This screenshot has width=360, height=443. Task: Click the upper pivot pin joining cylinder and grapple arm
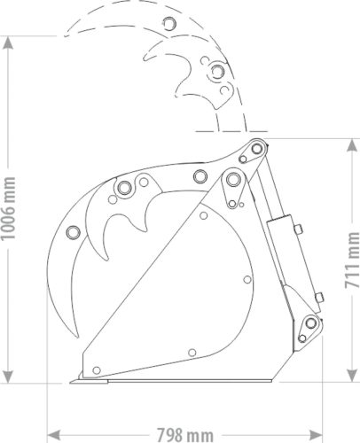(255, 147)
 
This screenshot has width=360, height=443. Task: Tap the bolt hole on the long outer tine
(73, 232)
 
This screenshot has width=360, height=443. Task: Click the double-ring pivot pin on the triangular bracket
(234, 180)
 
